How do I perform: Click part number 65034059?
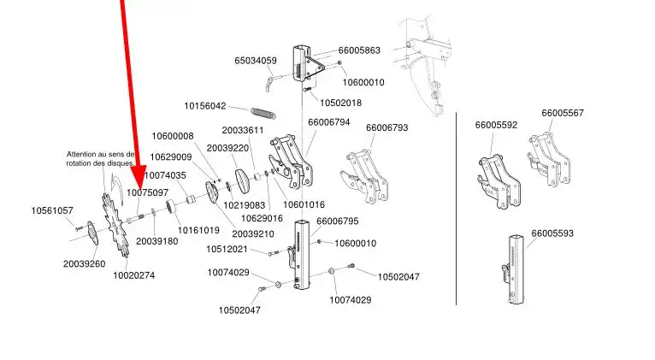point(256,61)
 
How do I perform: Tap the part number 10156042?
point(205,106)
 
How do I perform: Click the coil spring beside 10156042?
point(264,113)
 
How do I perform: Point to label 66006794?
point(329,122)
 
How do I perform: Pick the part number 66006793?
point(387,127)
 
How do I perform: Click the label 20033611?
point(243,130)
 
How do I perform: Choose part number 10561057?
point(52,210)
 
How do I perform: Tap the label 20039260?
point(84,263)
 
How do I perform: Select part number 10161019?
point(198,230)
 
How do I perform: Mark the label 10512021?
point(227,250)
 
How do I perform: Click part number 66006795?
point(337,221)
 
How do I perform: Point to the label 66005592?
point(496,125)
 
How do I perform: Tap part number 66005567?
point(563,113)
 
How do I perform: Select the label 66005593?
point(552,233)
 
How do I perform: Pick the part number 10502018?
point(341,103)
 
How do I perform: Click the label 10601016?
point(304,204)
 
